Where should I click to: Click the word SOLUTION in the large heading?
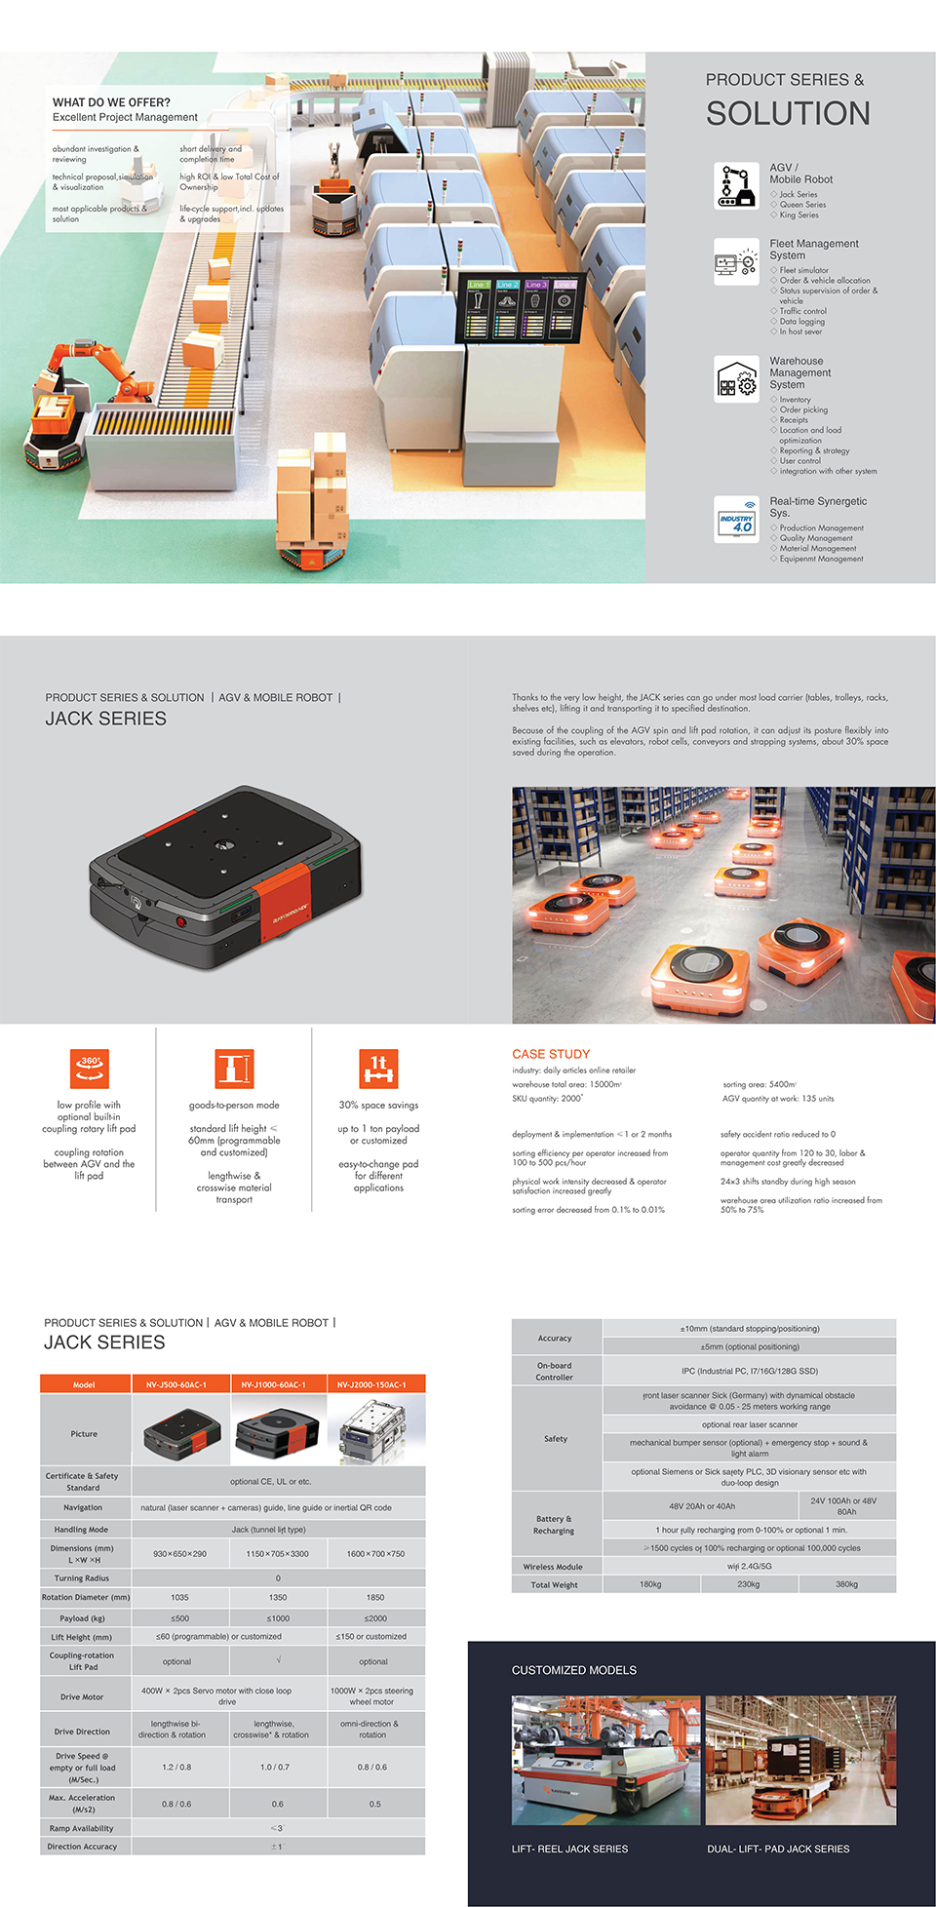point(788,114)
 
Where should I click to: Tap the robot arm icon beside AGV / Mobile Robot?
point(736,185)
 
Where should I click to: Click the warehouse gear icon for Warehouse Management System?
point(736,380)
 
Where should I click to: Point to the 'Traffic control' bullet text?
point(802,311)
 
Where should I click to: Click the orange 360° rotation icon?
point(89,1068)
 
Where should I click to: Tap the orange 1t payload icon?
point(378,1068)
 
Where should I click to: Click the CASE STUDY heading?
point(551,1054)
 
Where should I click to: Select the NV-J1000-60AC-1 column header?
point(278,1384)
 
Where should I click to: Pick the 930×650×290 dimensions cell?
point(179,1554)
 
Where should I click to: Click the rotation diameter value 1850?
point(375,1598)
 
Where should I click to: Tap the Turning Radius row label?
point(82,1578)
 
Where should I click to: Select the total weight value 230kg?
point(748,1584)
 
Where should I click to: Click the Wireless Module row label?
point(553,1567)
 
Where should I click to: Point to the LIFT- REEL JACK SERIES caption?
point(569,1849)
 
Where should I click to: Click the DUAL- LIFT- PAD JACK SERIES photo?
point(799,1760)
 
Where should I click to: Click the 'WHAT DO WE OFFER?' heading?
point(111,102)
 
